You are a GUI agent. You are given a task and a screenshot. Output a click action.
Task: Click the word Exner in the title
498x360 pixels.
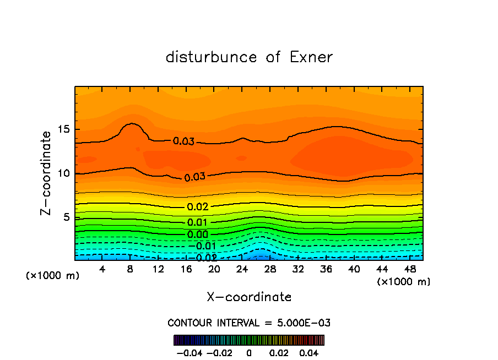311,57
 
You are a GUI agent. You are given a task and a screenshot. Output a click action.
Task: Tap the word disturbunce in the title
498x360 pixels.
211,57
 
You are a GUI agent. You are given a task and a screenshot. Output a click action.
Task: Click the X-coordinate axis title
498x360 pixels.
249,297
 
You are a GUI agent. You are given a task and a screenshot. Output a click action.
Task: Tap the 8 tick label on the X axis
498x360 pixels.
130,269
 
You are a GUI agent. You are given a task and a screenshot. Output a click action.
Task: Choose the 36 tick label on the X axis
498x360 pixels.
326,269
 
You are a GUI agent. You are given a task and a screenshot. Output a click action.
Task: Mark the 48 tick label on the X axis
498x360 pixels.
410,269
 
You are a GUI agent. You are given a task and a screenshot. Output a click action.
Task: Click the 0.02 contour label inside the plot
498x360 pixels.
197,207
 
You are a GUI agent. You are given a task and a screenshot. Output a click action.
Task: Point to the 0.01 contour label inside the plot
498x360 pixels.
197,222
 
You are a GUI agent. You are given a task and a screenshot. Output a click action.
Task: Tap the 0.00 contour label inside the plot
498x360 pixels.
197,234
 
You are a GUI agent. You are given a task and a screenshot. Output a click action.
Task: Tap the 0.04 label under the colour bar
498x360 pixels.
310,352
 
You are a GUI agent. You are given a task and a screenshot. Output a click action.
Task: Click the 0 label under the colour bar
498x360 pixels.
249,352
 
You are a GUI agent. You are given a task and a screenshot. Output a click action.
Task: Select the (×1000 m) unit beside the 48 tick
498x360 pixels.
403,281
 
